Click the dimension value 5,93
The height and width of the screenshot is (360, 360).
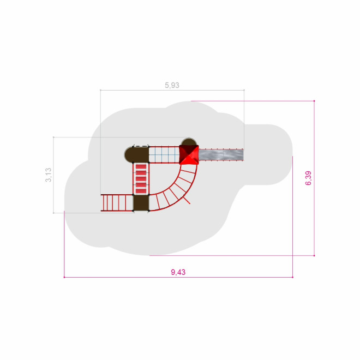click(x=172, y=85)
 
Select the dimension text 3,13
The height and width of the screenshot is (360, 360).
click(x=49, y=175)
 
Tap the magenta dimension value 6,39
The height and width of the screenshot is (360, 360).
click(x=308, y=178)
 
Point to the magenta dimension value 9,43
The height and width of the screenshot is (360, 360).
click(x=178, y=272)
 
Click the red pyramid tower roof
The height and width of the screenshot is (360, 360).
click(x=189, y=155)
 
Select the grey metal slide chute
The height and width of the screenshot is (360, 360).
click(x=221, y=155)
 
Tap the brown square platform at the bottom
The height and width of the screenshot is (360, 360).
click(x=141, y=203)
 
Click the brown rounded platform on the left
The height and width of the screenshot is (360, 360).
click(x=136, y=155)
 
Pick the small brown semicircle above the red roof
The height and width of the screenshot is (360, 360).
click(x=189, y=142)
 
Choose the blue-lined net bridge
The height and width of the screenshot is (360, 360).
click(x=164, y=155)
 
